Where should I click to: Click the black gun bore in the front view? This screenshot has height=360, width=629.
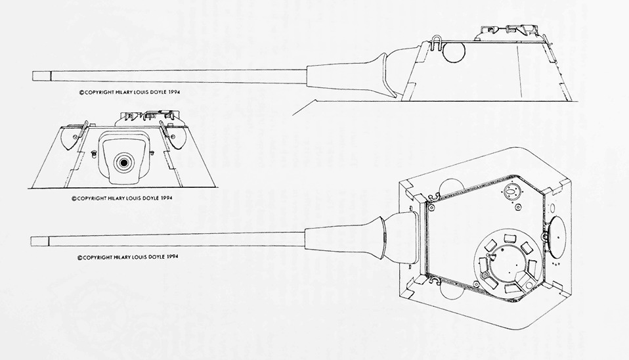(x=123, y=161)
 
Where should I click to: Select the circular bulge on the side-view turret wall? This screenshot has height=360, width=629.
(x=453, y=52)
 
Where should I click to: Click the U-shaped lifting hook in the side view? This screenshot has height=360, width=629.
(x=434, y=41)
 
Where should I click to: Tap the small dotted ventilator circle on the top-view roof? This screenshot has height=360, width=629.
(x=510, y=191)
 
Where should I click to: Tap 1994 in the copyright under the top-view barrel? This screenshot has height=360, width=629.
(x=169, y=257)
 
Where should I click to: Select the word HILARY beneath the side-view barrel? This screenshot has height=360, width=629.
(x=122, y=93)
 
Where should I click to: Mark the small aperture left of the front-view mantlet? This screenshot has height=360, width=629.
(x=95, y=154)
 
